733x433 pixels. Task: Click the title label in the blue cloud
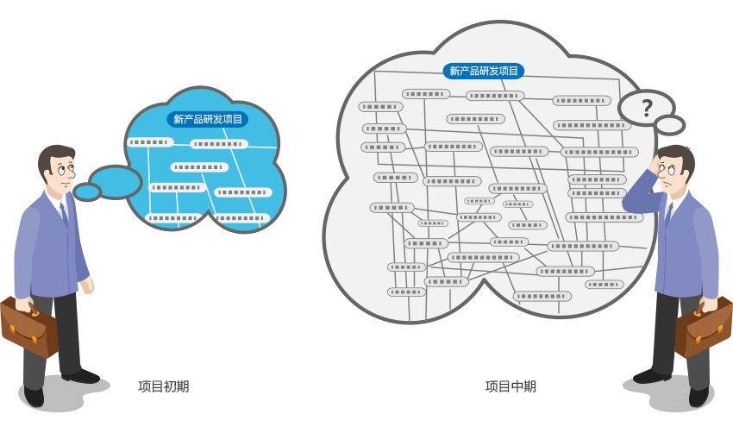tap(208, 120)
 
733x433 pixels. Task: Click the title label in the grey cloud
tap(484, 71)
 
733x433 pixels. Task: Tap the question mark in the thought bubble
tap(647, 108)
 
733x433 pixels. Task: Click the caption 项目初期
tap(163, 386)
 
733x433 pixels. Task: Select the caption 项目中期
tap(510, 386)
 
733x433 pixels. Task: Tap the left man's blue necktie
tap(64, 215)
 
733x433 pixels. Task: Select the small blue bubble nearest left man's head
tap(87, 191)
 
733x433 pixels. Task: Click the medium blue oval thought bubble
tap(116, 181)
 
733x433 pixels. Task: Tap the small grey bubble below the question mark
tap(669, 125)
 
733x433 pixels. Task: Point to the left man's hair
tap(54, 155)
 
